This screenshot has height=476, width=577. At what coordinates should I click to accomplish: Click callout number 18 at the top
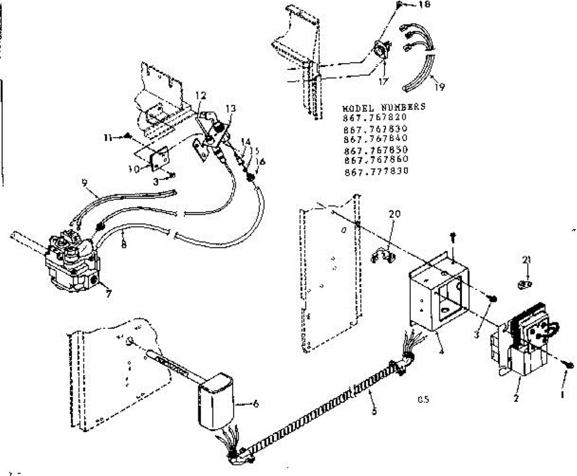(x=425, y=5)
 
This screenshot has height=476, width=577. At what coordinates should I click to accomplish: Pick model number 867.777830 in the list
(x=376, y=171)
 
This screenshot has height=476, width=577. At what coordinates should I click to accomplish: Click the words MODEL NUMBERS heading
(x=384, y=107)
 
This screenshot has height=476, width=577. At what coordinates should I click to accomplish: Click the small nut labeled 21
(x=526, y=285)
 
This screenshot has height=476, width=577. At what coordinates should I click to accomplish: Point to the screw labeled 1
(x=569, y=365)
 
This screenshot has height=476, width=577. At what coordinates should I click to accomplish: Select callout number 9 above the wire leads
(x=85, y=183)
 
